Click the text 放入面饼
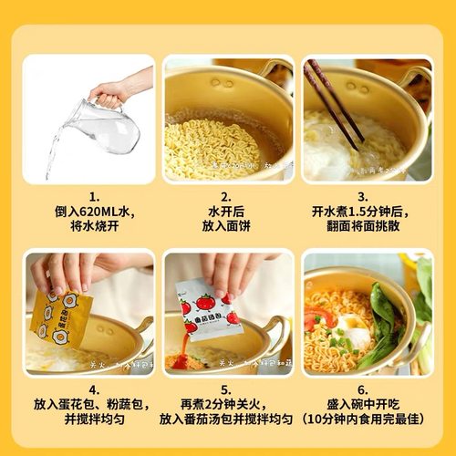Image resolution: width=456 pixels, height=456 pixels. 228,227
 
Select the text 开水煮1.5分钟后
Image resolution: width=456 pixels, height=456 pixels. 363,212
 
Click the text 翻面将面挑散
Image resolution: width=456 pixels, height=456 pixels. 363,227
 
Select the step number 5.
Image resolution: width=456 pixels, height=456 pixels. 228,387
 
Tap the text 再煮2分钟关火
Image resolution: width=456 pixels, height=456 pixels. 228,402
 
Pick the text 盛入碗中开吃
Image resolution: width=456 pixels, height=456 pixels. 363,402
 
